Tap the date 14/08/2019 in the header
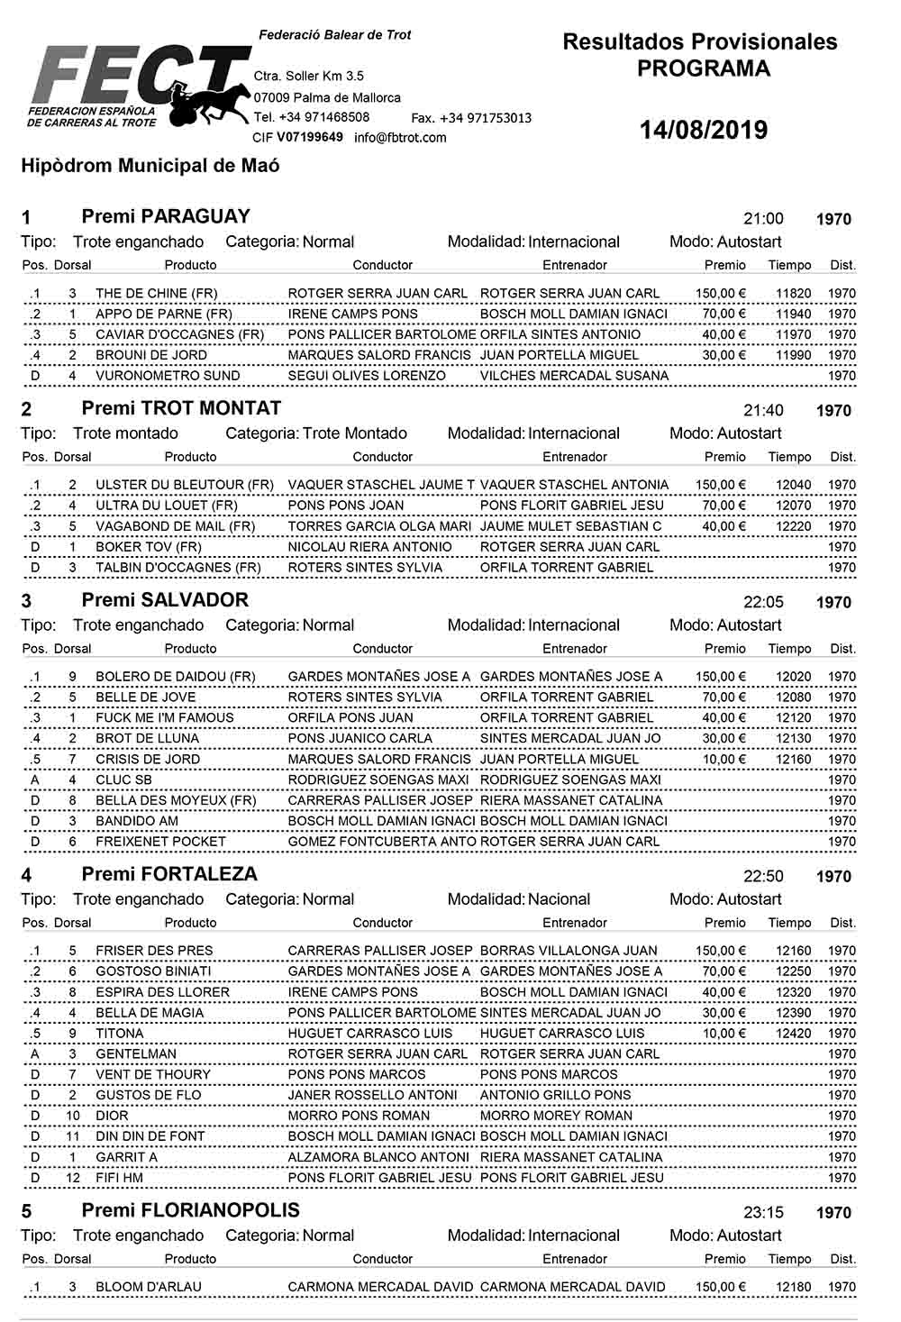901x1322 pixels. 703,130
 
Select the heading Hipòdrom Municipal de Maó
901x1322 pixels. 150,166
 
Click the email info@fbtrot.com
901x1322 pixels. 400,138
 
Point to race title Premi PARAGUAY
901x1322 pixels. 166,216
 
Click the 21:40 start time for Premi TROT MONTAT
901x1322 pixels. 763,410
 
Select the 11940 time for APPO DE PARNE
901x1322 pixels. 793,314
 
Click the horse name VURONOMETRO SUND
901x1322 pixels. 168,376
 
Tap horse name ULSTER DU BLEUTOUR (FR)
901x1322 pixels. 185,485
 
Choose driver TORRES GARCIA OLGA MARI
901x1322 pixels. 379,526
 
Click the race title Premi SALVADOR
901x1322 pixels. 165,600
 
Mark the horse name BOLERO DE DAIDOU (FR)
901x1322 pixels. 176,677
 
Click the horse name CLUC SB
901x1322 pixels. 123,780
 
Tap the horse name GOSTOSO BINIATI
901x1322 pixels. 153,971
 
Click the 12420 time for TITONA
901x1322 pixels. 793,1034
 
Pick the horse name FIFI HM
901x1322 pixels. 119,1178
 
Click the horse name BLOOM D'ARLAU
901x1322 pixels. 149,1287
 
